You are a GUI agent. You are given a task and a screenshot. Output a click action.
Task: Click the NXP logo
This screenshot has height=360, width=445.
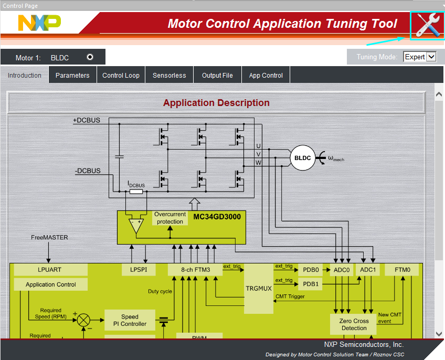pos(39,23)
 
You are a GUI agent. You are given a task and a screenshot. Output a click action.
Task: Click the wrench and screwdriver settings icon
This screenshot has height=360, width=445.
pos(427,25)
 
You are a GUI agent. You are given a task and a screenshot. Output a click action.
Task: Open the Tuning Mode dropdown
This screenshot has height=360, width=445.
pos(420,57)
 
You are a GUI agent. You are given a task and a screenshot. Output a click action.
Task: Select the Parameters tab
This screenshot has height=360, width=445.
pos(72,76)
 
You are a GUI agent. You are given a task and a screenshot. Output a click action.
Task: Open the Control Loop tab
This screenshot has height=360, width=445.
pos(121,76)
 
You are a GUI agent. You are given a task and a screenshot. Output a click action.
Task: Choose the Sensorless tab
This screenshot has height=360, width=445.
pos(169,76)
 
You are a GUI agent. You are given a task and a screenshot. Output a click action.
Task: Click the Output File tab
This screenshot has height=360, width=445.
pos(217,76)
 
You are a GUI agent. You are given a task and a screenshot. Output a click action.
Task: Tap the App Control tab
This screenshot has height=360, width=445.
pos(266,76)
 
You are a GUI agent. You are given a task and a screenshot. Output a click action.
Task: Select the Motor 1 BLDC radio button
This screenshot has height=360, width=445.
pos(90,57)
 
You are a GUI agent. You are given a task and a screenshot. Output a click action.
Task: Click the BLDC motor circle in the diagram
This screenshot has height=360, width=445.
pos(302,158)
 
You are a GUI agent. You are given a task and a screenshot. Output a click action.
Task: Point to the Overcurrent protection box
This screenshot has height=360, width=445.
pos(170,218)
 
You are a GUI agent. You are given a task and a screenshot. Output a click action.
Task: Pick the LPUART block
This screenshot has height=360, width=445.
pos(50,270)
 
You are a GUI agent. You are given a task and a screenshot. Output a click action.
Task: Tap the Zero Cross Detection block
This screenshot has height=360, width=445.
pos(354,324)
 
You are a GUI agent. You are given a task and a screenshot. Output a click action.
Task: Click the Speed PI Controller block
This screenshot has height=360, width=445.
pos(130,320)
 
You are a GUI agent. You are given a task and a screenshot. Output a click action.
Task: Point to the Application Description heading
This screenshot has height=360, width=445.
pos(216,103)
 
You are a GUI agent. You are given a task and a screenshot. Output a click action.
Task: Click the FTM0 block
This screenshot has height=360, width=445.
pos(401,270)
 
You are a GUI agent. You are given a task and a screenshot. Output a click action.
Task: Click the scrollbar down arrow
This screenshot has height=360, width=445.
pos(439,334)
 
